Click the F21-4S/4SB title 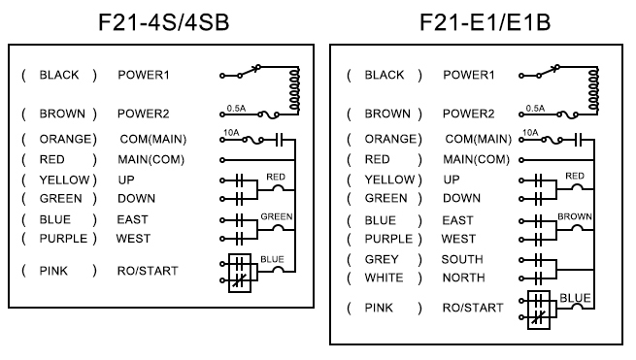pyautogui.click(x=164, y=22)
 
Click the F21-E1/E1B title pyautogui.click(x=485, y=22)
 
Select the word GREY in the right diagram pyautogui.click(x=382, y=259)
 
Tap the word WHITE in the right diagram pyautogui.click(x=384, y=278)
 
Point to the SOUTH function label pyautogui.click(x=462, y=259)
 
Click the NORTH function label pyautogui.click(x=463, y=278)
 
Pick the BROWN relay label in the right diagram pyautogui.click(x=575, y=216)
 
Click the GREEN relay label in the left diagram pyautogui.click(x=277, y=216)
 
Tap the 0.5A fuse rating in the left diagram pyautogui.click(x=236, y=109)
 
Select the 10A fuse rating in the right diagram pyautogui.click(x=530, y=133)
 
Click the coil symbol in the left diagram pyautogui.click(x=295, y=89)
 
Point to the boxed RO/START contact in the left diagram pyautogui.click(x=240, y=273)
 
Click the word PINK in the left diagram pyautogui.click(x=53, y=271)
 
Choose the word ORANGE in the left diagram pyautogui.click(x=66, y=139)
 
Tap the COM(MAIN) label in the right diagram pyautogui.click(x=479, y=139)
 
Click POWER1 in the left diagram pyautogui.click(x=143, y=75)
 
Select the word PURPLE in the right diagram pyautogui.click(x=388, y=239)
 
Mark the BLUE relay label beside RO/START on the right pyautogui.click(x=575, y=298)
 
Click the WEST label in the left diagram pyautogui.click(x=133, y=239)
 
